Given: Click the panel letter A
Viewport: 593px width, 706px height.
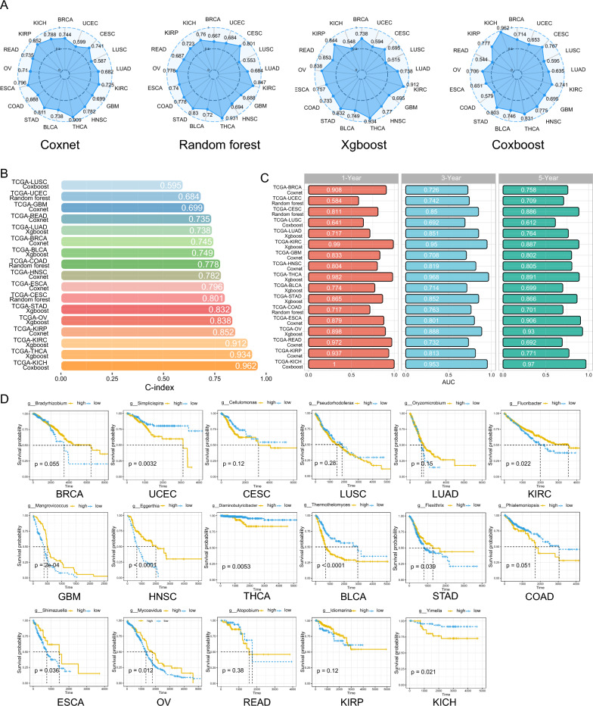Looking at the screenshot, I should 7,6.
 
